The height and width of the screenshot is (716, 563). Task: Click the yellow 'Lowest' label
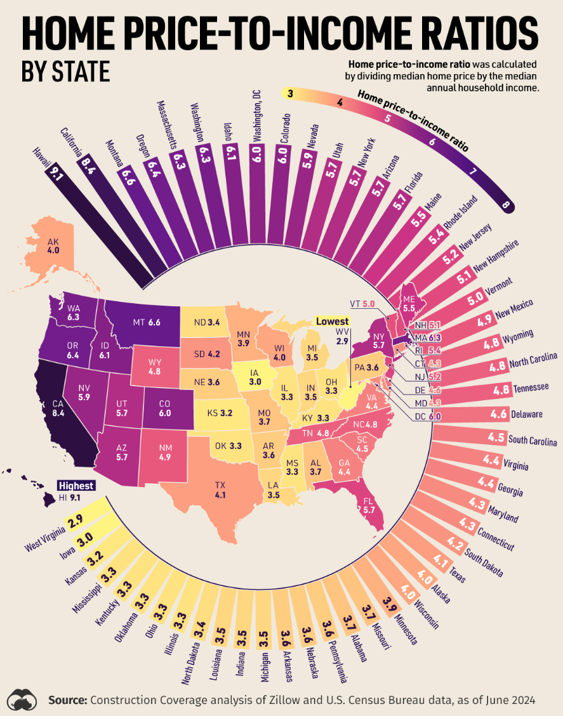pos(332,321)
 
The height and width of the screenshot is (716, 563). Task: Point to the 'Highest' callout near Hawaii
pos(76,486)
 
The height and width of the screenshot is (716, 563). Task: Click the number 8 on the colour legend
pos(506,204)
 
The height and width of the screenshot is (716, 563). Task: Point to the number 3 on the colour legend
pos(289,94)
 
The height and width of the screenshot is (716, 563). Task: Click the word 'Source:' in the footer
pos(68,700)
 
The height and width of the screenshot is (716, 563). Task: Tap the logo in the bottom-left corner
pos(23,698)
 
